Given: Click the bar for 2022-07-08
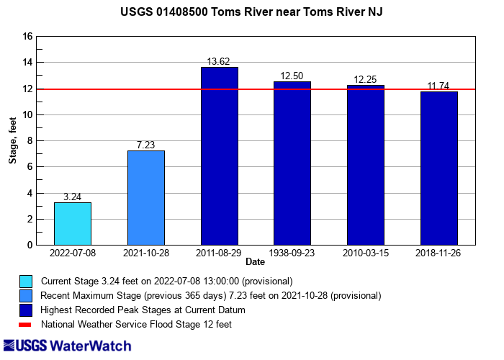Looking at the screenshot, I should pos(73,224).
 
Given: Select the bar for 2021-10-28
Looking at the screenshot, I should pos(146,198).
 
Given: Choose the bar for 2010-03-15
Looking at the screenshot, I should pos(366,165).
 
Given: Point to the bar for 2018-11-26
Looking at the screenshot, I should pos(439,168).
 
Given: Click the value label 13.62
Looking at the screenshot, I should pos(219,62).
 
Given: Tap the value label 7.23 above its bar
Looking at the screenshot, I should pos(145,145).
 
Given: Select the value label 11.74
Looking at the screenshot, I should pos(438,86).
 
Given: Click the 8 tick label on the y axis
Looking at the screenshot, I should pos(30,141).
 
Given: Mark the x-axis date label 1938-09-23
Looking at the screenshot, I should pos(292,253).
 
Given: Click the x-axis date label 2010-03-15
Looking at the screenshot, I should pos(366,253).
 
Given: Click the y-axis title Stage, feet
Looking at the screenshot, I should pos(13,141).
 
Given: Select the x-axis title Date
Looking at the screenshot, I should pos(255,262).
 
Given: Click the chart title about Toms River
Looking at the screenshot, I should pos(252,12).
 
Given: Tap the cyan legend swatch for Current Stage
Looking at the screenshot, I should pos(26,281).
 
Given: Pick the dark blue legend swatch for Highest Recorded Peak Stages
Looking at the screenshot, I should pos(26,310).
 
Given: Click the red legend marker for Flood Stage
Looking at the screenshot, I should pos(26,325).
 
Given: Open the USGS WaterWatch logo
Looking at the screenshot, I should pos(68,346).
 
